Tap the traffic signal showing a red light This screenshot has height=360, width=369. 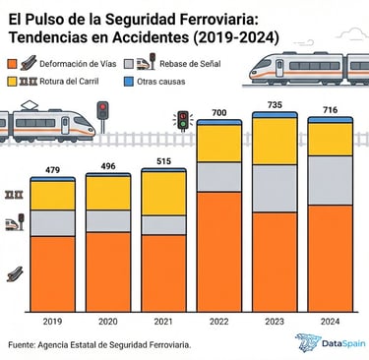pyautogui.click(x=101, y=110)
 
